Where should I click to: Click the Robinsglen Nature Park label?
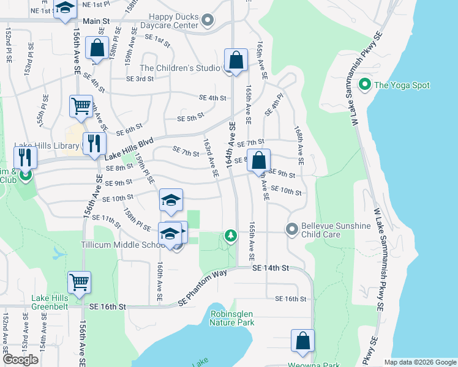[231, 317]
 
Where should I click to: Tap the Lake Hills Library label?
[47, 147]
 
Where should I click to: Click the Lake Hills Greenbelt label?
[54, 299]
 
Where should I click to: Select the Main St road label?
[96, 21]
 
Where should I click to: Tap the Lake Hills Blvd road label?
[129, 147]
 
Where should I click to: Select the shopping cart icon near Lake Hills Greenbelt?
[80, 282]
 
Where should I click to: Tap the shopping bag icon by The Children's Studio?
[236, 60]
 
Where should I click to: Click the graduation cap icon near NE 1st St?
[65, 9]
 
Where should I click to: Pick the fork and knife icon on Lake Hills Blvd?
[93, 144]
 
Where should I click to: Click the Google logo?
[21, 360]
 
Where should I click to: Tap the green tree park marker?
[230, 235]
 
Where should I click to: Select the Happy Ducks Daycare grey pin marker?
[208, 21]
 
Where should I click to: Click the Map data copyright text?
[419, 361]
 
